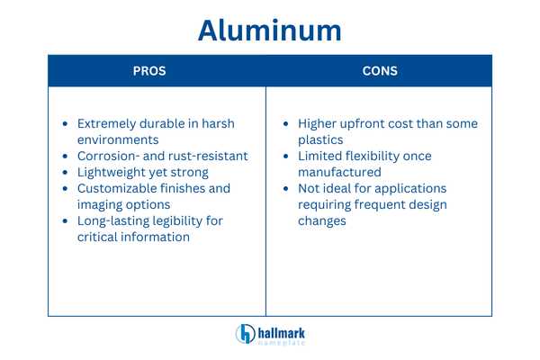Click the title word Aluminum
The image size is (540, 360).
[x=270, y=30]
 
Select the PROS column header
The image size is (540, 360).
[x=149, y=71]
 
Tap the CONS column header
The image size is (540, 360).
[x=380, y=71]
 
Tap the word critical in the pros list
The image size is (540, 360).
[x=100, y=238]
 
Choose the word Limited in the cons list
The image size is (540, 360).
[x=322, y=157]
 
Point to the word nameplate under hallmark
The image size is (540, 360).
[x=281, y=342]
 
